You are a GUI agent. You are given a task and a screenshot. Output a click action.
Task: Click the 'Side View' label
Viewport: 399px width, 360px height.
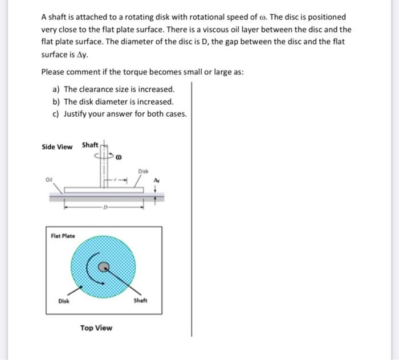click(57, 147)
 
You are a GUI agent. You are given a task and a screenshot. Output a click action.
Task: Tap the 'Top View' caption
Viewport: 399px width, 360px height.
click(96, 328)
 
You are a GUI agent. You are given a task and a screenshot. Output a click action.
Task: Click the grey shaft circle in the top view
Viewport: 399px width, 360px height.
click(103, 266)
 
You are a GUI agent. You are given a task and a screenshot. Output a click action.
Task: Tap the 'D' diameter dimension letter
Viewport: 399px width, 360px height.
click(104, 207)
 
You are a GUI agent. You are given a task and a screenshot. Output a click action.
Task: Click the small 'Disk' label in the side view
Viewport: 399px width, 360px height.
click(142, 170)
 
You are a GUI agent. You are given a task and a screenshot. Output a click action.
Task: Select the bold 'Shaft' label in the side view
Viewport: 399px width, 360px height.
click(90, 145)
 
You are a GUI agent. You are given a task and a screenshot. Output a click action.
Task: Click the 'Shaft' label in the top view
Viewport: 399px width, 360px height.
click(140, 301)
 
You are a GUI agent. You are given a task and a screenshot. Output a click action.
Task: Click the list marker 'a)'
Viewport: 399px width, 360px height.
click(56, 89)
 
